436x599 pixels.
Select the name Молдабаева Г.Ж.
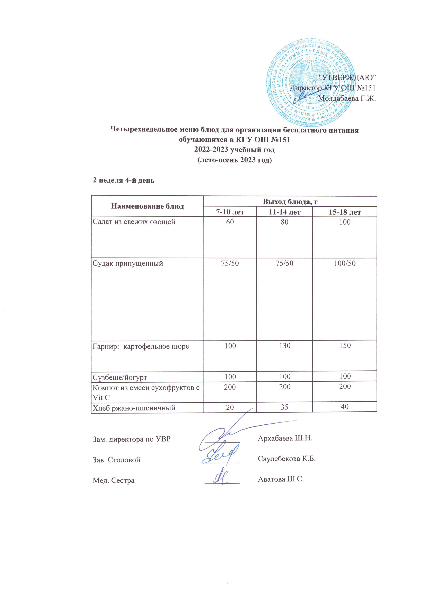point(347,98)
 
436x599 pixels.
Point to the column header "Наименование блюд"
point(147,206)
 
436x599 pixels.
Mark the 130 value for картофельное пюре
point(284,345)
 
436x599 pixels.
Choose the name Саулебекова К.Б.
point(287,459)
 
